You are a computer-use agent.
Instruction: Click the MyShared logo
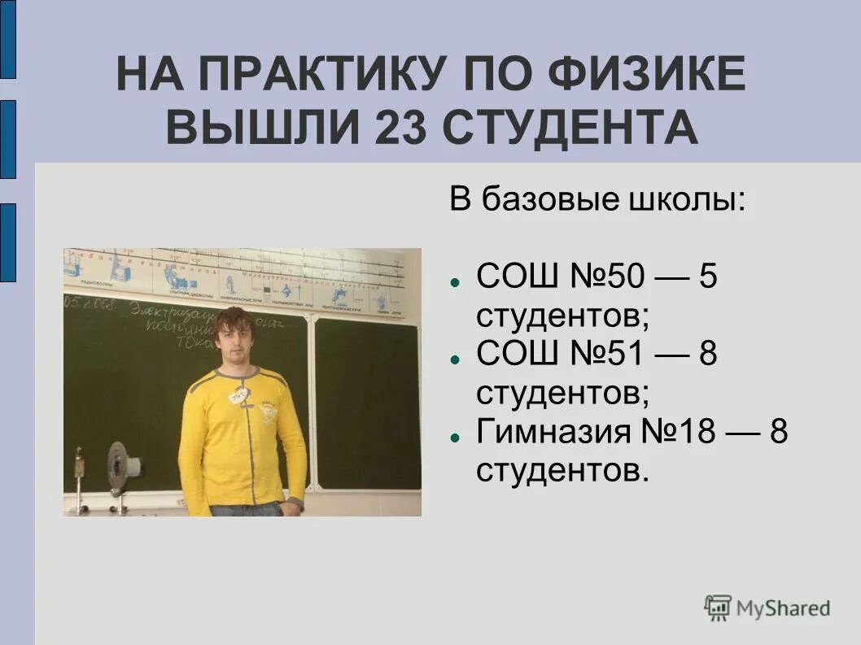tap(767, 608)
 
